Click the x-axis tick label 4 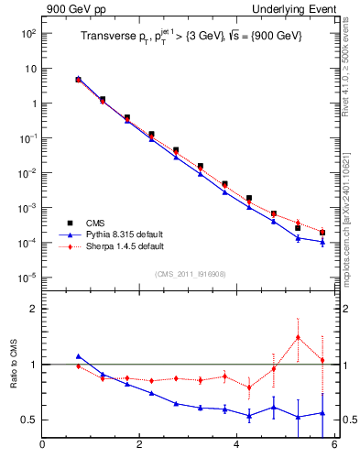(237, 445)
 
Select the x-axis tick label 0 (42, 445)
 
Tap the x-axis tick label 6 (334, 445)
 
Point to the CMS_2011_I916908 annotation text (190, 274)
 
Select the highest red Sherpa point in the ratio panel (298, 337)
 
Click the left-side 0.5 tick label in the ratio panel (29, 420)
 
